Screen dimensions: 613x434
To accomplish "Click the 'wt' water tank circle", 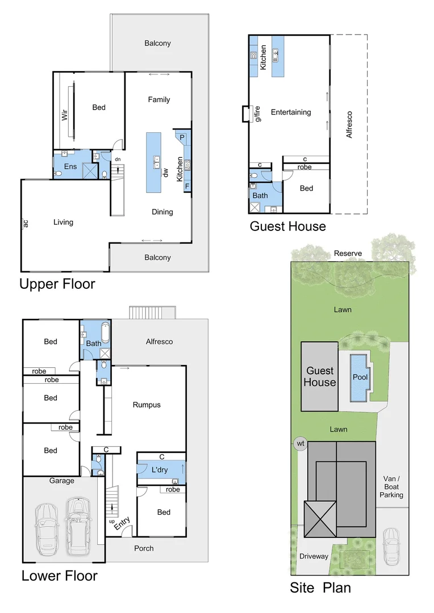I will [x=300, y=443].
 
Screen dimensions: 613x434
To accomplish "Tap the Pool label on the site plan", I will [x=359, y=377].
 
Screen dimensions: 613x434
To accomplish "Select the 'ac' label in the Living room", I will [x=26, y=223].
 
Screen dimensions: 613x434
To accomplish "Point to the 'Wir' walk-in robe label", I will [x=65, y=116].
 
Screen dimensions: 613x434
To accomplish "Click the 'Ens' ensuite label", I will [x=70, y=166].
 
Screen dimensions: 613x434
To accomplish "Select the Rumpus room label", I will [x=147, y=405].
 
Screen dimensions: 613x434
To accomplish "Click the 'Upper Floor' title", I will [x=57, y=283].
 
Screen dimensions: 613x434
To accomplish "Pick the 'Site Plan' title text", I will [x=320, y=587].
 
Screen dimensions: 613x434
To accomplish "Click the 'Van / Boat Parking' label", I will [x=391, y=487].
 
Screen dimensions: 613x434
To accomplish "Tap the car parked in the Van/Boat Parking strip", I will [x=390, y=546].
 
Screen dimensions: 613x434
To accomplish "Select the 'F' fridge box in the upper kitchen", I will [x=186, y=186].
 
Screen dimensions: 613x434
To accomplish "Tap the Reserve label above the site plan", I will [x=348, y=253].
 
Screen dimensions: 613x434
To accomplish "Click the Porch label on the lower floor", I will [x=144, y=548].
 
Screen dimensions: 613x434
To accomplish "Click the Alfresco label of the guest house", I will [x=349, y=124].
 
